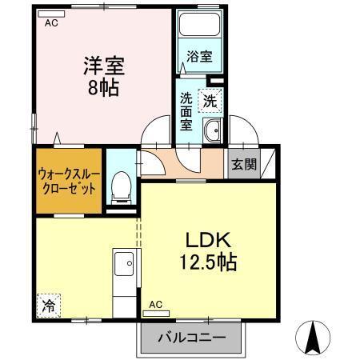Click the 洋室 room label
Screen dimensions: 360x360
point(102,65)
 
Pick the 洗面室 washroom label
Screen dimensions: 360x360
point(186,111)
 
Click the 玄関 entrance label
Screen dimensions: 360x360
point(244,165)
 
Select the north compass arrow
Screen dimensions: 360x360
point(314,335)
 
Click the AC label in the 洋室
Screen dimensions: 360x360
point(52,23)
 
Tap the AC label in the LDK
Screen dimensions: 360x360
point(155,304)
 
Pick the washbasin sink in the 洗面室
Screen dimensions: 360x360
point(212,132)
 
